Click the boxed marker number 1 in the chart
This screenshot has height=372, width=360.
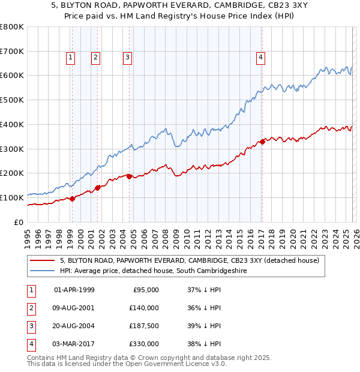(71, 58)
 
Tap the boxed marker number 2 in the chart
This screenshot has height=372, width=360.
(95, 58)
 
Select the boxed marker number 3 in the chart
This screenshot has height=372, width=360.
(128, 58)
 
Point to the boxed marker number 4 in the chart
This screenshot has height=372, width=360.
(261, 58)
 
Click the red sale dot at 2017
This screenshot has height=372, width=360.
(262, 142)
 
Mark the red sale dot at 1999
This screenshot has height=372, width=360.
(72, 199)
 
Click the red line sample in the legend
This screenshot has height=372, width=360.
(43, 260)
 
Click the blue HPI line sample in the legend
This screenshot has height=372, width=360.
(43, 271)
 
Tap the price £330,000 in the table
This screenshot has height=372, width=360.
(145, 344)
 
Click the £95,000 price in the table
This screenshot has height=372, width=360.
(146, 290)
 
